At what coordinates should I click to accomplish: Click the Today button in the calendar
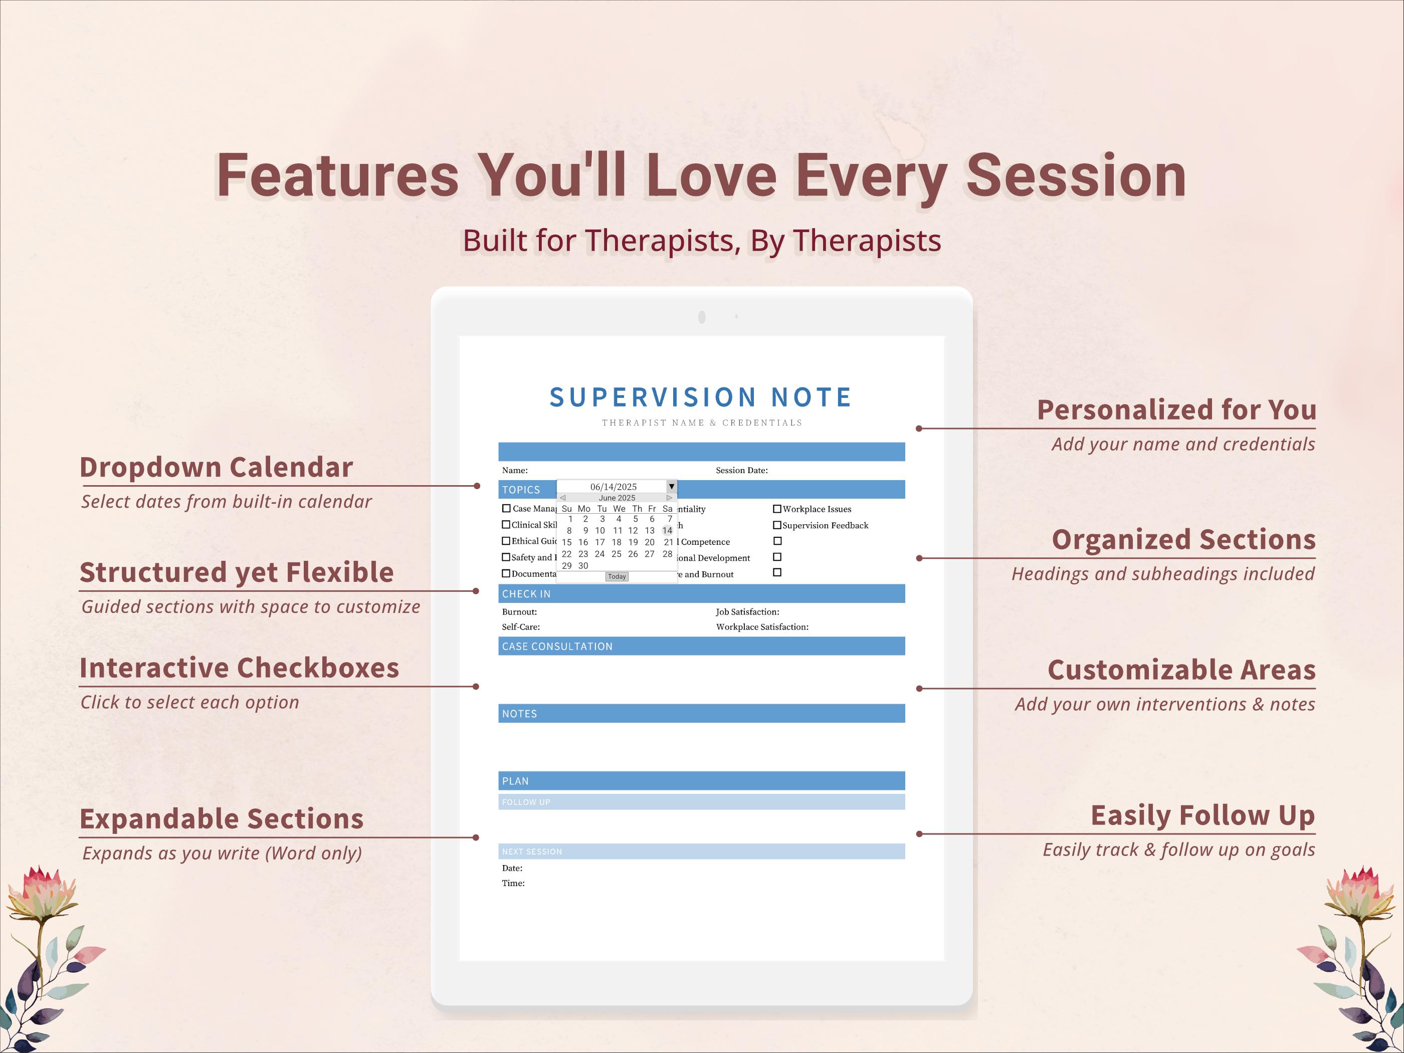tap(617, 576)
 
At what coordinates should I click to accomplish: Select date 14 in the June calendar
tap(667, 531)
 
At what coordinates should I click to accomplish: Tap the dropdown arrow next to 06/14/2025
tap(672, 486)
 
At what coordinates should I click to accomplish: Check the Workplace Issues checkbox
tap(777, 509)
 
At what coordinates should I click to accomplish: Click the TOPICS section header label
tap(521, 489)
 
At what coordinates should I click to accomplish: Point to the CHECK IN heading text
tap(526, 594)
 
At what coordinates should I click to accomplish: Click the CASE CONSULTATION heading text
tap(557, 646)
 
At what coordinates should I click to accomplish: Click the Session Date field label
tap(741, 470)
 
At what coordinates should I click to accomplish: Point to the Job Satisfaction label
tap(747, 612)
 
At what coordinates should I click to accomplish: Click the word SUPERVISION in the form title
tap(653, 397)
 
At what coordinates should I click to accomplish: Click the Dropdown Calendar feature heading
tap(216, 467)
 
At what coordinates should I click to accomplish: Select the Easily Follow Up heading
tap(1203, 815)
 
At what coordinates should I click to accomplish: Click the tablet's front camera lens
tap(701, 317)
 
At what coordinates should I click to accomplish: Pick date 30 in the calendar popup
tap(582, 565)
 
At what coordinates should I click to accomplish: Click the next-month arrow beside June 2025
tap(669, 498)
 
